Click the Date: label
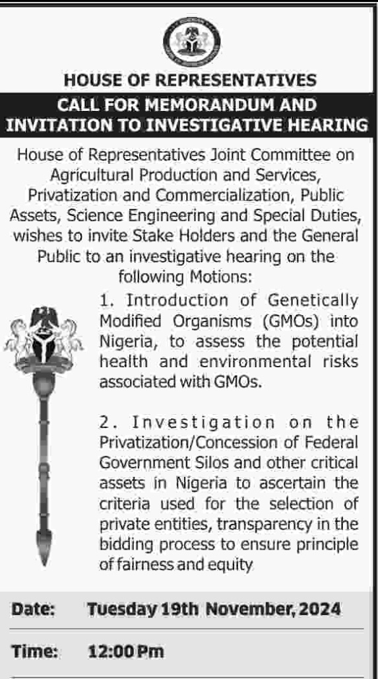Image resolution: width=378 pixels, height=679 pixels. [32, 610]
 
